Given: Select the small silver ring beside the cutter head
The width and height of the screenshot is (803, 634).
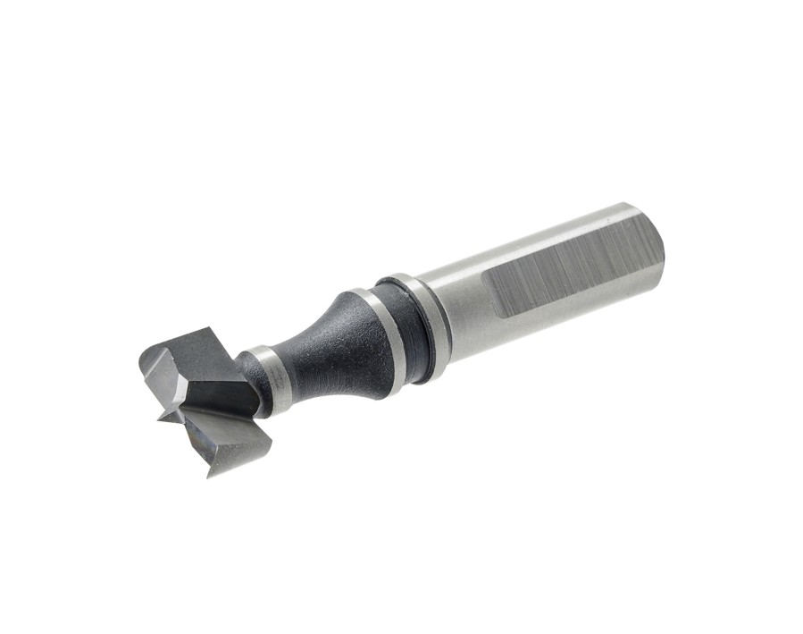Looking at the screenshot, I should pos(266,380).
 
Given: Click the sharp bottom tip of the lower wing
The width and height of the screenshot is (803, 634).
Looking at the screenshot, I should pos(211,474).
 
